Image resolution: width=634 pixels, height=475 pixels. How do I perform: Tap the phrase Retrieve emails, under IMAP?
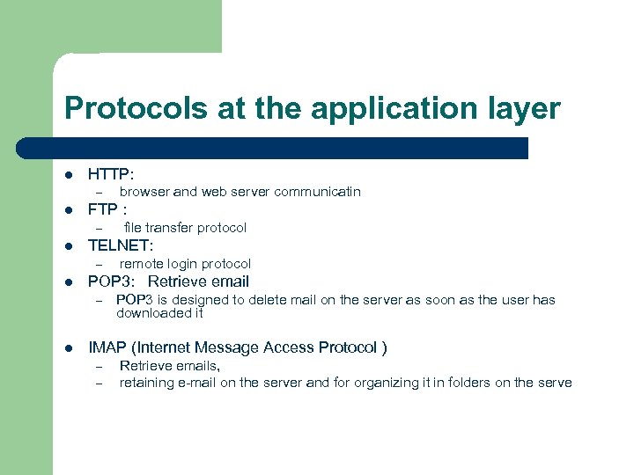(x=170, y=365)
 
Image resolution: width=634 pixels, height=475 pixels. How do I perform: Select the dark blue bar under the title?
(x=291, y=148)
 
